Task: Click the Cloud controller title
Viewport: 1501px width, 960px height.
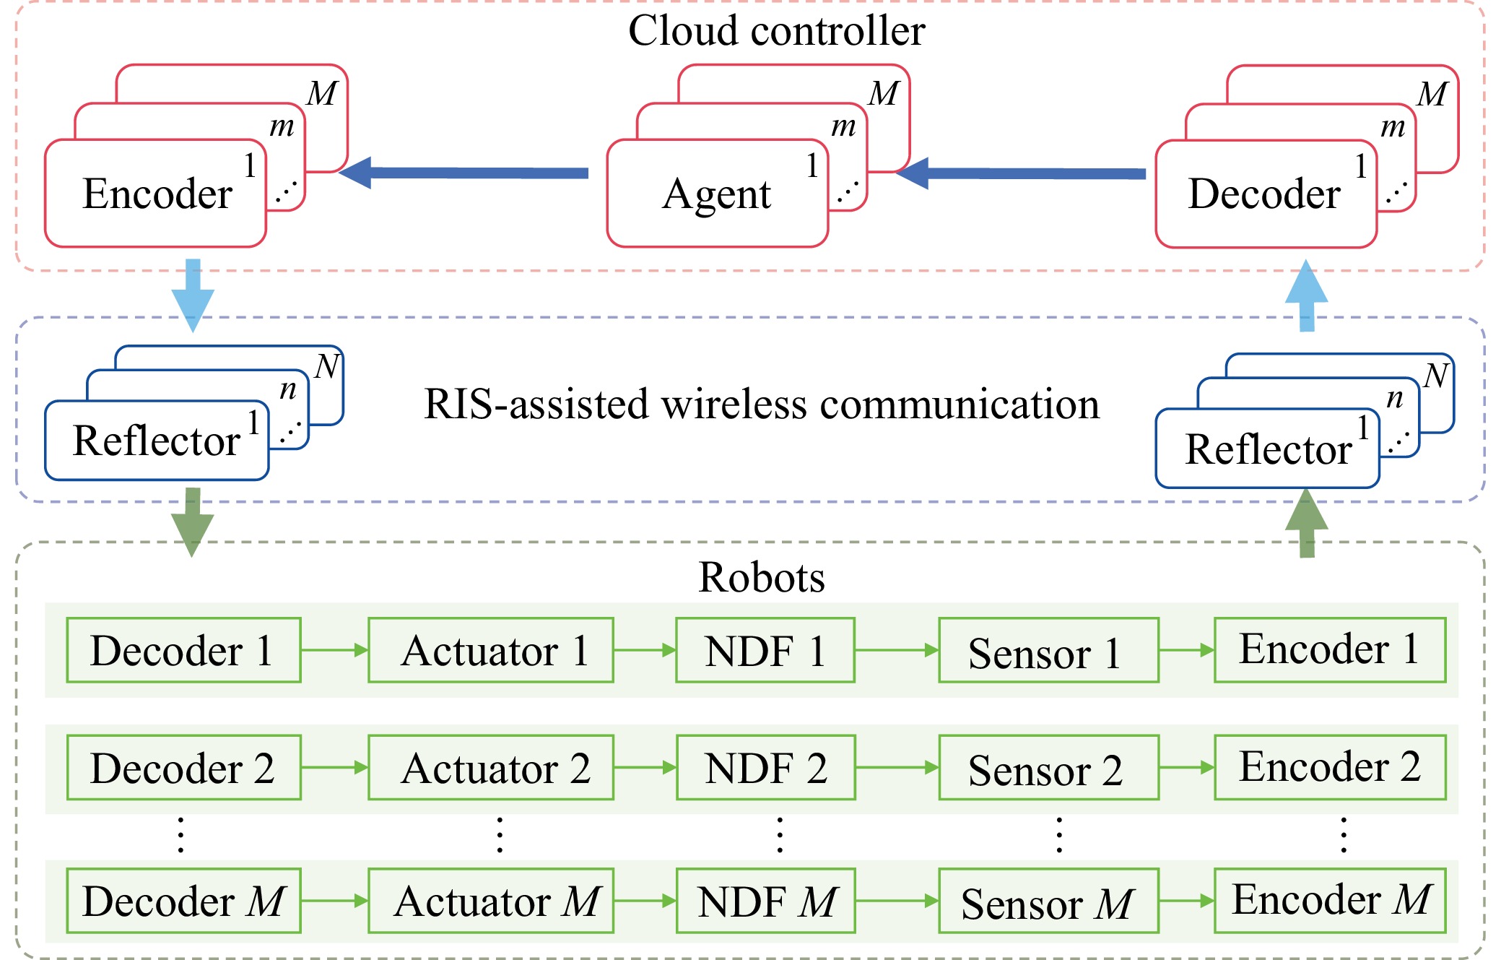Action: pyautogui.click(x=776, y=31)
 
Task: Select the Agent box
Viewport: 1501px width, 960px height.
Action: pyautogui.click(x=717, y=194)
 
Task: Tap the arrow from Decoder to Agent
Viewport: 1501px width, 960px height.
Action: pyautogui.click(x=1021, y=173)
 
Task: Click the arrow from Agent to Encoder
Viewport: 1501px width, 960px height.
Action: pyautogui.click(x=463, y=173)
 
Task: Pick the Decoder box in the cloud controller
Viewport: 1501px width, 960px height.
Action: pyautogui.click(x=1265, y=194)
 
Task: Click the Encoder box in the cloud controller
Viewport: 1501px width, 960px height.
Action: pyautogui.click(x=155, y=194)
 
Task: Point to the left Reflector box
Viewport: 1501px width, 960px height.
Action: pyautogui.click(x=156, y=441)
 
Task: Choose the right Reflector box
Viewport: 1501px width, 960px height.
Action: pyautogui.click(x=1267, y=449)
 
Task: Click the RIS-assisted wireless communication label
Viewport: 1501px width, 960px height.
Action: pyautogui.click(x=762, y=404)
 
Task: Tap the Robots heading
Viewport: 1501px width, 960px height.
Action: pyautogui.click(x=762, y=577)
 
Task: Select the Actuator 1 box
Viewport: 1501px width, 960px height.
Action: pyautogui.click(x=491, y=650)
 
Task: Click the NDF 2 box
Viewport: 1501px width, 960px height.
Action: pyautogui.click(x=765, y=768)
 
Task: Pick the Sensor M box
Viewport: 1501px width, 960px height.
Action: pyautogui.click(x=1048, y=901)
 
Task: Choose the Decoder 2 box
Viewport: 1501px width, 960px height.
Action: pyautogui.click(x=183, y=768)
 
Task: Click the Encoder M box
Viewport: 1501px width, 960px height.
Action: pyautogui.click(x=1330, y=900)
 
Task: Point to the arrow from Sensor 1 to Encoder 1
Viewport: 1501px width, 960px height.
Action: pyautogui.click(x=1186, y=650)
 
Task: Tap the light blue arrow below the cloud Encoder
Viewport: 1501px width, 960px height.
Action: pyautogui.click(x=193, y=294)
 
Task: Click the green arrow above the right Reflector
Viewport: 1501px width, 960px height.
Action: pyautogui.click(x=1307, y=523)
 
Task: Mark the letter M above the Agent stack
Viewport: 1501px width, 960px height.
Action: pyautogui.click(x=884, y=94)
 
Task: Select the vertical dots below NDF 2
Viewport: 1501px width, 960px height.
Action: pyautogui.click(x=780, y=835)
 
